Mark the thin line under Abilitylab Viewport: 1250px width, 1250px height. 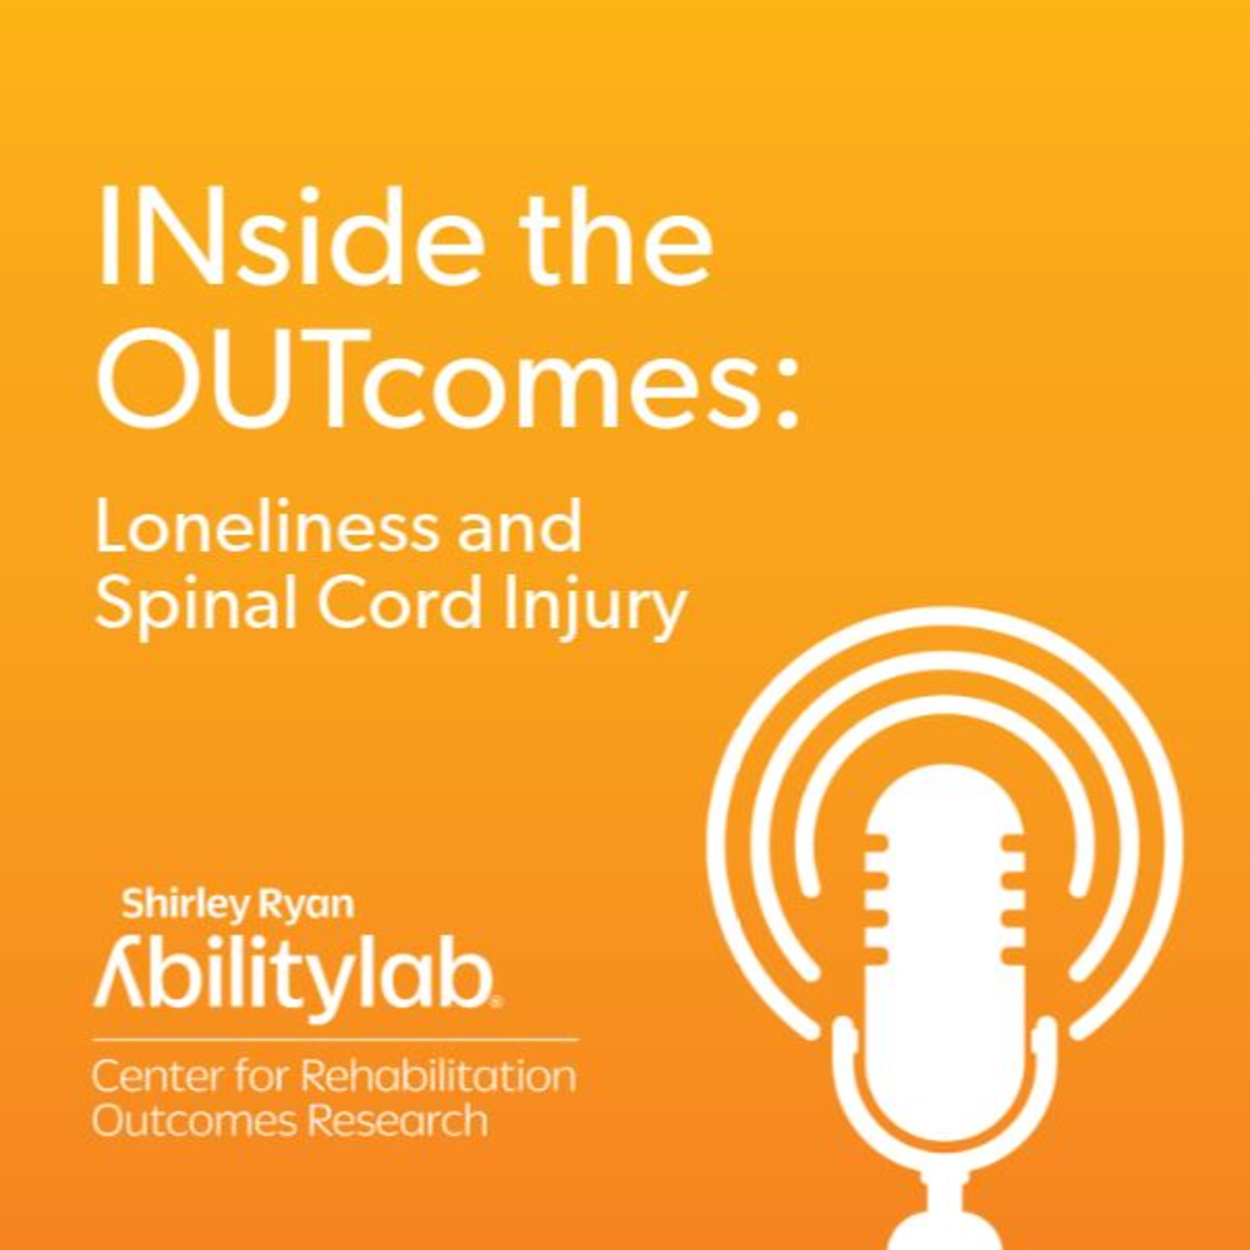point(335,1040)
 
